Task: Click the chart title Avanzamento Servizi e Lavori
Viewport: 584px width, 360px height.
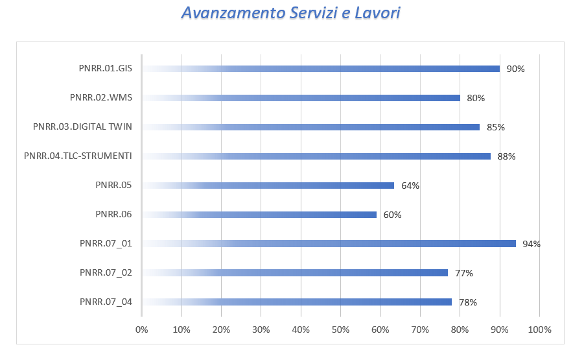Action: (x=291, y=14)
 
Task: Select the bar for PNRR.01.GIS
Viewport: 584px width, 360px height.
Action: (x=321, y=69)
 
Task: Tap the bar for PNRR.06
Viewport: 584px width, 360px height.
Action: (x=259, y=215)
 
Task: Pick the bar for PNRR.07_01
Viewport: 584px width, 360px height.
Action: (x=329, y=244)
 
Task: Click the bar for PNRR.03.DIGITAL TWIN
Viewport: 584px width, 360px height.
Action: (x=311, y=127)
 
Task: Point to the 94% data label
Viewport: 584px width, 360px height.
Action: (x=531, y=244)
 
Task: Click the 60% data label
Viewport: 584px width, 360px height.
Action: (x=392, y=215)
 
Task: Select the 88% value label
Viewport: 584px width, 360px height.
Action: (x=506, y=156)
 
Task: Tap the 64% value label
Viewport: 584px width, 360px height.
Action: (x=410, y=186)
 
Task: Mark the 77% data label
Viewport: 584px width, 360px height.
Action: (x=464, y=273)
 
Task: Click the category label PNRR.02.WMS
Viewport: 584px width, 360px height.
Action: (x=101, y=98)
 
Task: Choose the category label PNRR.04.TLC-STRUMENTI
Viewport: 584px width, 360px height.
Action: (x=78, y=156)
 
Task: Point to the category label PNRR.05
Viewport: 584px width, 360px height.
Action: (x=113, y=186)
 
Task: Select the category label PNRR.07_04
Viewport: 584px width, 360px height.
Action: (x=106, y=302)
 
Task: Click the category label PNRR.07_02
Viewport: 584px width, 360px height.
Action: (x=106, y=273)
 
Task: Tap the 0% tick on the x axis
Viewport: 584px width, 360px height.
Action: (x=142, y=330)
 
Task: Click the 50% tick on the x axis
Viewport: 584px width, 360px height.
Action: (x=340, y=330)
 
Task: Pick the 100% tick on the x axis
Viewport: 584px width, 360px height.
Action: (x=539, y=330)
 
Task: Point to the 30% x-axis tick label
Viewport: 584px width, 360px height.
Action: (x=261, y=330)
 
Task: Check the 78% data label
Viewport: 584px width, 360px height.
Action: (x=468, y=302)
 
